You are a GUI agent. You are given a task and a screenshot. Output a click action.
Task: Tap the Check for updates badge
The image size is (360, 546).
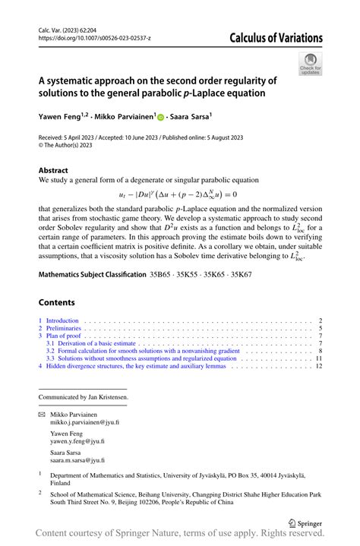(x=310, y=64)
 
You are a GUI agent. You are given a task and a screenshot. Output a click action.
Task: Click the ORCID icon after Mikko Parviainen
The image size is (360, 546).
(x=161, y=117)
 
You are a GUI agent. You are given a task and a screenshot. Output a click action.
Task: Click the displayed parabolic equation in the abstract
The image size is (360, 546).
(x=178, y=194)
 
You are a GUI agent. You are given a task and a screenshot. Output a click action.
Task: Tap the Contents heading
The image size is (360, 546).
(x=58, y=301)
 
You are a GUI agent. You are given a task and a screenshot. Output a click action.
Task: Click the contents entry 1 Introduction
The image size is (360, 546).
(x=61, y=321)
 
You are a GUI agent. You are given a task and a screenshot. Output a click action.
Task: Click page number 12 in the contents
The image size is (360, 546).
(x=320, y=365)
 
